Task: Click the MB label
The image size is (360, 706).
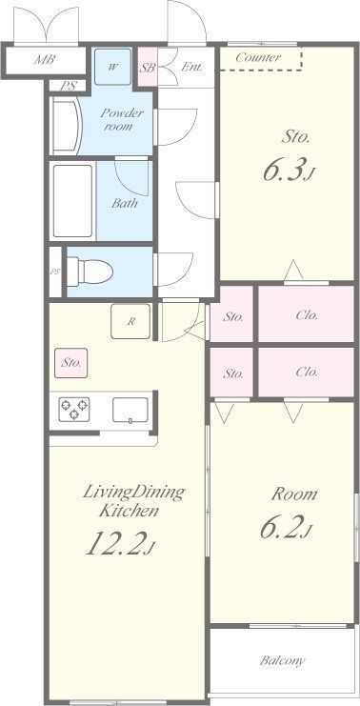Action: point(44,59)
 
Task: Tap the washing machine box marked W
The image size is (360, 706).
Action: point(112,67)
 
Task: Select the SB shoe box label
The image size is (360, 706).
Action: point(148,69)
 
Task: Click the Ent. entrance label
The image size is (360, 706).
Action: point(191,68)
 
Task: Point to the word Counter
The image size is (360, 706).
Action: point(258,57)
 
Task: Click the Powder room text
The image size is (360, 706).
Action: point(121,119)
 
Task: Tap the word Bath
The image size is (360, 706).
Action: point(125,203)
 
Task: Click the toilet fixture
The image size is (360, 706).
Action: point(90,272)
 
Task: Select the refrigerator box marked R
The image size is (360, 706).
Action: point(130,321)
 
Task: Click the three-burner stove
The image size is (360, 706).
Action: point(73,409)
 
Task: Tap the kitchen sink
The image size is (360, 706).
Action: point(130,410)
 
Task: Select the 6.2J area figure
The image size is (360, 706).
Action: point(286,527)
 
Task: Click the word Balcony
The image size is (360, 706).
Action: point(283,660)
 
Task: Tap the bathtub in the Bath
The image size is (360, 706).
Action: point(73,201)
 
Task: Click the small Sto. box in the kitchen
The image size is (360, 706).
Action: point(71,363)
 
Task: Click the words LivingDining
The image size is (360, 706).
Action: point(133,492)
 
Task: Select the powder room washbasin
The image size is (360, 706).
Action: point(66,126)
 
